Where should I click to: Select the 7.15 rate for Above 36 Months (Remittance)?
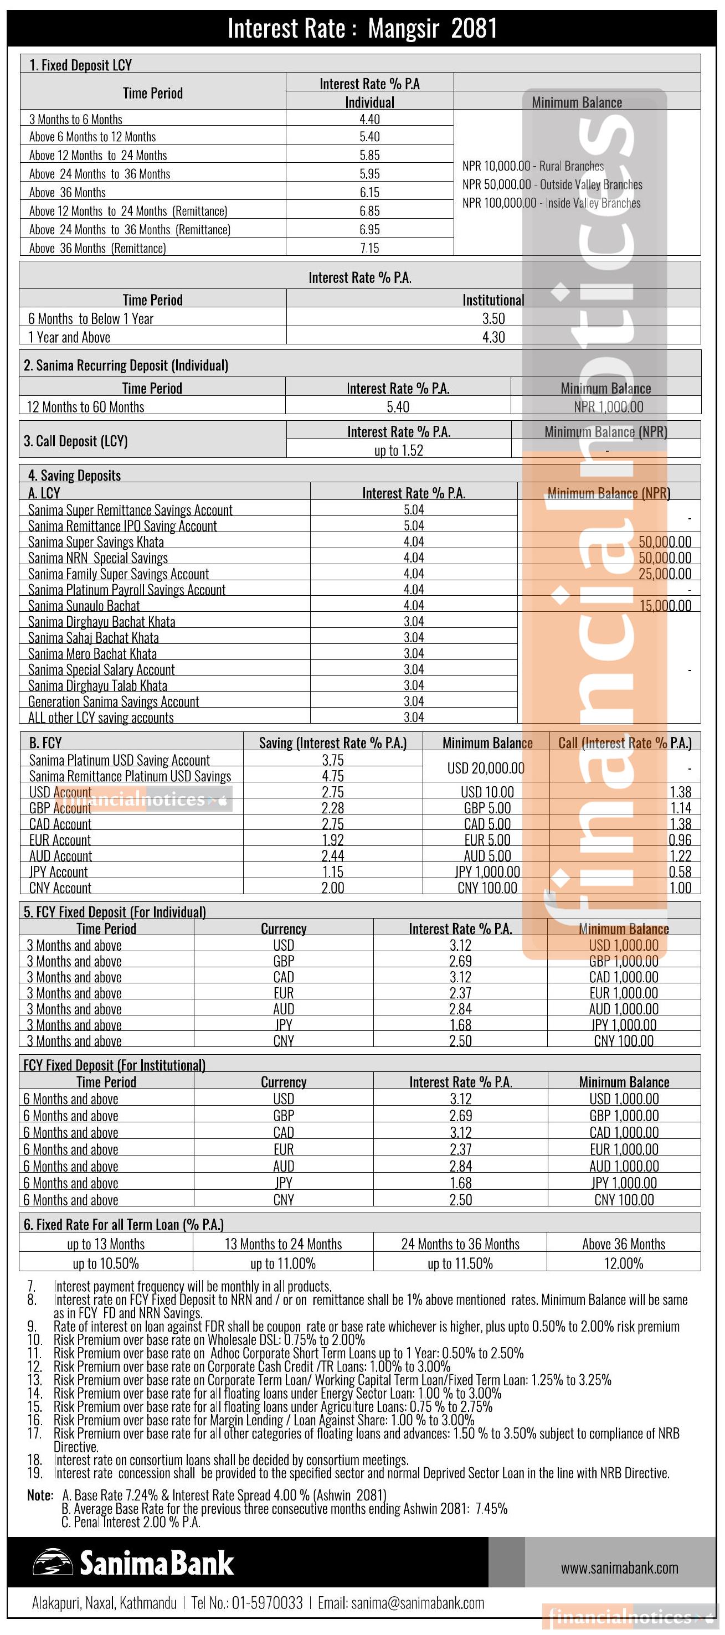pos(369,248)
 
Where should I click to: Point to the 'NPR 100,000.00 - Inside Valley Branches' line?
pos(551,203)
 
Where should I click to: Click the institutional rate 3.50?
pos(493,318)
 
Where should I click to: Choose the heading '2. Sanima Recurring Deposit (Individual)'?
pos(126,365)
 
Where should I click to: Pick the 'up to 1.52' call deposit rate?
pos(398,451)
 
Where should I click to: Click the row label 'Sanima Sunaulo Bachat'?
pos(84,606)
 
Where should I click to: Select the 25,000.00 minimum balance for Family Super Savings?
pos(665,574)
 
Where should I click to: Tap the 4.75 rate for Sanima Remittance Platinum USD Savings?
pos(333,776)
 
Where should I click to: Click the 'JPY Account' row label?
pos(58,872)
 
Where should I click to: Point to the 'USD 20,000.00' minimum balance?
pos(486,768)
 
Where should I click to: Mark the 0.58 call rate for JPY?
pos(680,872)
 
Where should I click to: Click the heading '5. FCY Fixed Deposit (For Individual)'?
pos(115,912)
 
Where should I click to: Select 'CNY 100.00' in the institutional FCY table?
pos(624,1200)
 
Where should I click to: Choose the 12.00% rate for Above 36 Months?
pos(624,1263)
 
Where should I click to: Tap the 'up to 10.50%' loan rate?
pos(105,1263)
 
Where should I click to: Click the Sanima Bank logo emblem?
pos(53,1562)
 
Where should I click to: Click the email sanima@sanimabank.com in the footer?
pos(417,1603)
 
